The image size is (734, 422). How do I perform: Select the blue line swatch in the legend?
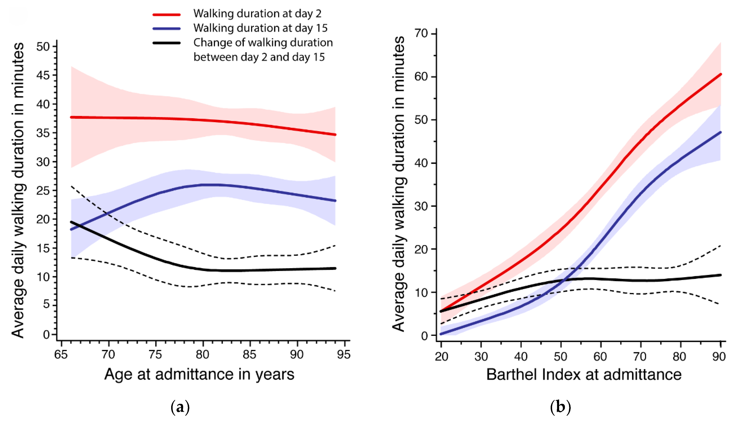point(167,29)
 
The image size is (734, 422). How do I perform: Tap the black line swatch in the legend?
point(167,43)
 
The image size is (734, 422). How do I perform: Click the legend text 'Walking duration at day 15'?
point(260,28)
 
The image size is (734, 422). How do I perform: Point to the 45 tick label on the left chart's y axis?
point(43,75)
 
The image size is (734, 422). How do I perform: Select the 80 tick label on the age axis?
point(203,354)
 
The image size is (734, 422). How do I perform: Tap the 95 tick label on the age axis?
point(344,354)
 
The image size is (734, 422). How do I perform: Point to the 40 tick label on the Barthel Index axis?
point(521,357)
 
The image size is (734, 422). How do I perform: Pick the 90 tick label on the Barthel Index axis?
point(719,357)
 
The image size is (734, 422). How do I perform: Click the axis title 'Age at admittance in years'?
point(199,374)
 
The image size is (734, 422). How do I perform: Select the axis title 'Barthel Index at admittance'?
point(584,374)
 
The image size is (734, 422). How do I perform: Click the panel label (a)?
point(180,407)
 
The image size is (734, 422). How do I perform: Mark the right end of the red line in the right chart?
point(721,74)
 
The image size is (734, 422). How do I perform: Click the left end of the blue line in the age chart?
point(71,229)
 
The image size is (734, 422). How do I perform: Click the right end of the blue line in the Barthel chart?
point(721,132)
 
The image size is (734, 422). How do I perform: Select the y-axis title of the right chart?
point(399,184)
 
